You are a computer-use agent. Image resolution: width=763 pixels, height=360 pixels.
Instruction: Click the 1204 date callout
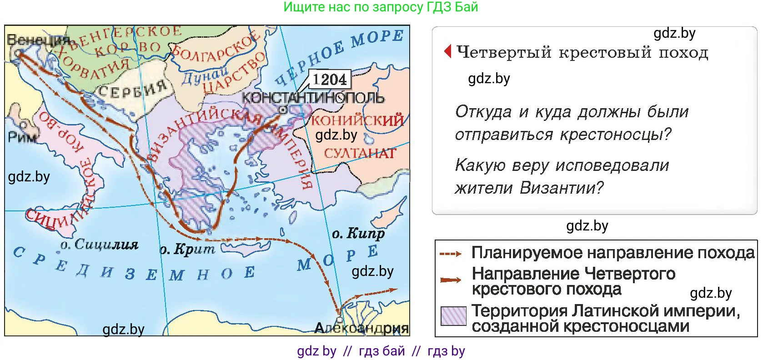(x=330, y=79)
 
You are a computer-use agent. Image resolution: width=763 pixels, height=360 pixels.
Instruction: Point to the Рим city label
(x=22, y=136)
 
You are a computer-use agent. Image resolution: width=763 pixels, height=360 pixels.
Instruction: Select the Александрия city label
(x=361, y=328)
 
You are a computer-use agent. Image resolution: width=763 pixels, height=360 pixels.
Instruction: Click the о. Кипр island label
(x=358, y=234)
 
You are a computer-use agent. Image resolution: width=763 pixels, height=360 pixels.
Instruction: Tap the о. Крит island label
(x=187, y=249)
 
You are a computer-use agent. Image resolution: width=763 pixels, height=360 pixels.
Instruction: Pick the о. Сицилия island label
(x=99, y=245)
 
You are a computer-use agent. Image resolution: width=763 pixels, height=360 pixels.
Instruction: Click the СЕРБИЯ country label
(x=133, y=89)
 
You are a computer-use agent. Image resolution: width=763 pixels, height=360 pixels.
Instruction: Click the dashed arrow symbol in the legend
(x=450, y=254)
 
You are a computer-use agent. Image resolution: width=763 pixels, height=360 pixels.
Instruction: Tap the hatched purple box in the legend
(x=453, y=315)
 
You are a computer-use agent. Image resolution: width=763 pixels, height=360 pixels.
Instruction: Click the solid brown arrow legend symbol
(x=450, y=280)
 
